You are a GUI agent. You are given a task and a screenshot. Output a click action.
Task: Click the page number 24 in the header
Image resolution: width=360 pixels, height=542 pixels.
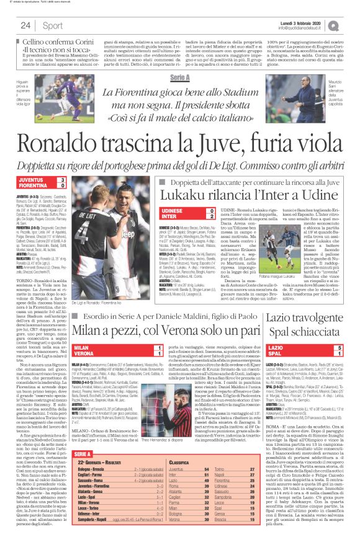pyautogui.click(x=25, y=25)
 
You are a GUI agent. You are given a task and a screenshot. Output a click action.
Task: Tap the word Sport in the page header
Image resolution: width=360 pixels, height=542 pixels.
pyautogui.click(x=53, y=25)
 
